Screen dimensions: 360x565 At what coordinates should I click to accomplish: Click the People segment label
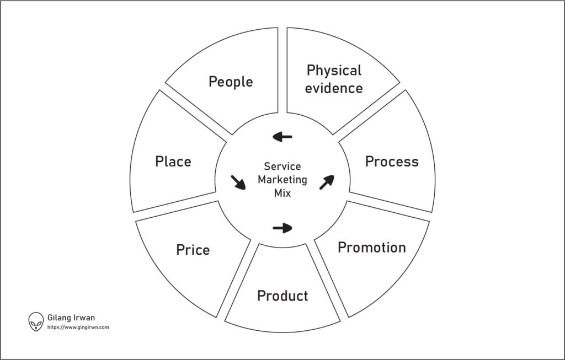point(231,82)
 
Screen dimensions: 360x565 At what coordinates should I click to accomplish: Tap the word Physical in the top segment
point(334,71)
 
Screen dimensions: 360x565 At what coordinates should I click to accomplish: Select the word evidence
point(334,88)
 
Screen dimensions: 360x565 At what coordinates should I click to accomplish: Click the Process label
point(392,162)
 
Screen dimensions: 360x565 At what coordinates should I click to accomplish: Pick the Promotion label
point(371,247)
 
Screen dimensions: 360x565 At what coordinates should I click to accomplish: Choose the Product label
point(282,296)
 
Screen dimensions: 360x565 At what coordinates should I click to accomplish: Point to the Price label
point(193,250)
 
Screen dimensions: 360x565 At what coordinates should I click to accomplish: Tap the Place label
point(173,162)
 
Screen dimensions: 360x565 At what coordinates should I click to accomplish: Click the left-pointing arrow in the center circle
point(282,137)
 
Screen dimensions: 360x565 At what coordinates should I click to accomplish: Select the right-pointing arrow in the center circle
point(282,227)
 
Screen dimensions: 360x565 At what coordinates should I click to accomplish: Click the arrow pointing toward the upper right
point(326,182)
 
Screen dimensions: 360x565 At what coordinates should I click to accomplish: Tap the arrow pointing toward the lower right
point(238,182)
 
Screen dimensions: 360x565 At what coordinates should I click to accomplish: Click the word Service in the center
point(282,166)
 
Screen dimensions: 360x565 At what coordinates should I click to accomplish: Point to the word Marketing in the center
point(282,180)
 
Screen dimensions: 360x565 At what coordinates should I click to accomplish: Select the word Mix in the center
point(282,194)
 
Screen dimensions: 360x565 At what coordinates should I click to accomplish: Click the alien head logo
point(36,321)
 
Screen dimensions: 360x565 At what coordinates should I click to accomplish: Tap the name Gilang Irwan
point(72,318)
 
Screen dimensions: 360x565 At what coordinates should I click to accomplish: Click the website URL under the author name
point(78,327)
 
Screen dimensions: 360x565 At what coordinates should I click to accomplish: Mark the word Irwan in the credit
point(84,318)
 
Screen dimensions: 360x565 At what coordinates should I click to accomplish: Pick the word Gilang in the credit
point(58,318)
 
